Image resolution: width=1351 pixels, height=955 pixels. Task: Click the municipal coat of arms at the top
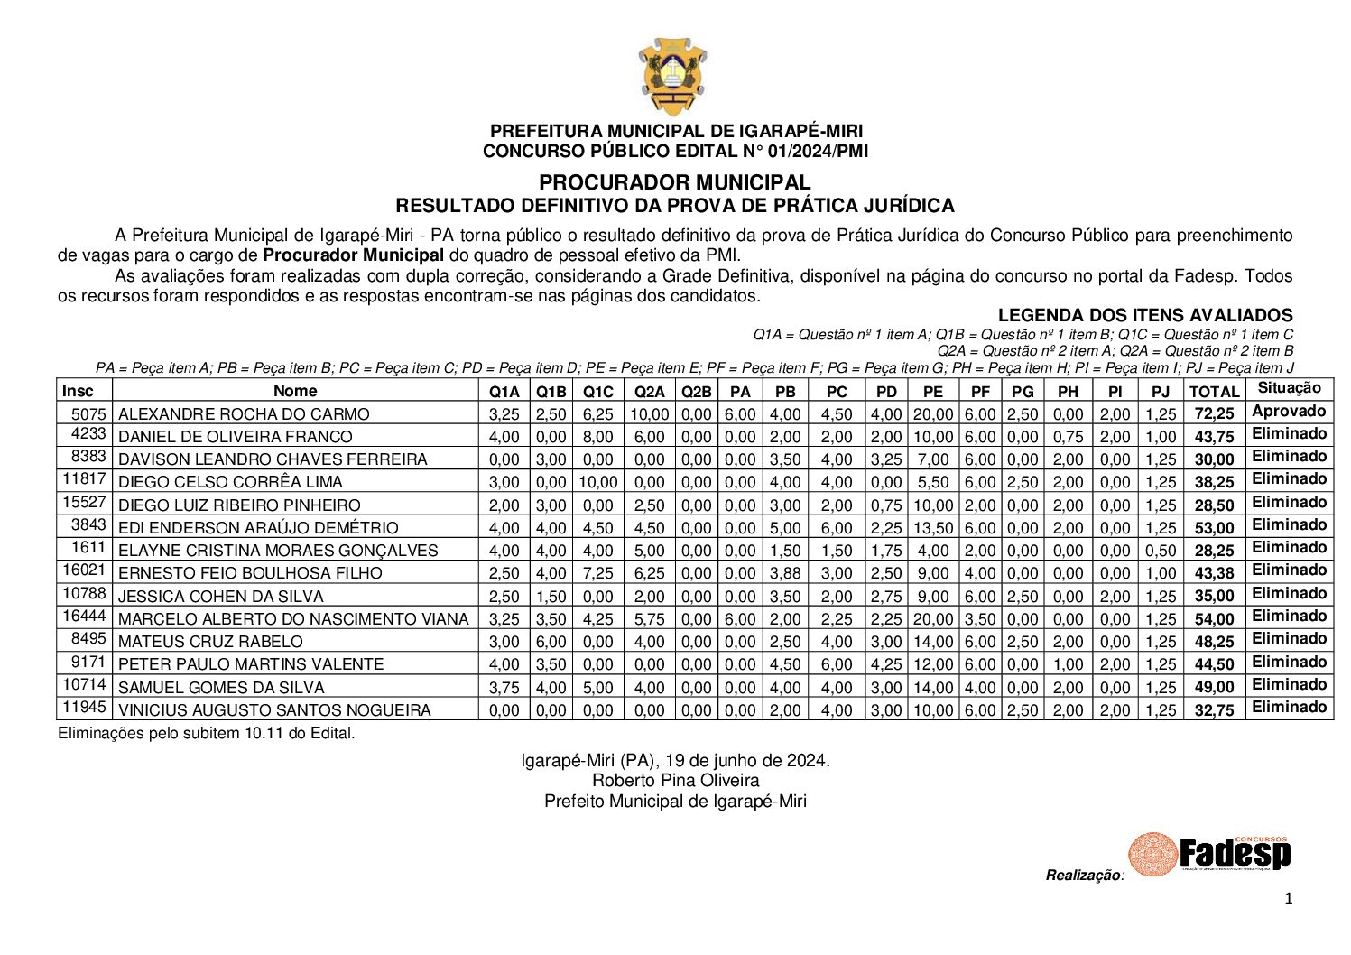(x=672, y=77)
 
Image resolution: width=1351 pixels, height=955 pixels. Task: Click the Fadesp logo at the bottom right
(x=1209, y=853)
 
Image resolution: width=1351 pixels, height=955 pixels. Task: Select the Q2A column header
(x=649, y=392)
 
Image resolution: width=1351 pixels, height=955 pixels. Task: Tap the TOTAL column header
(x=1214, y=392)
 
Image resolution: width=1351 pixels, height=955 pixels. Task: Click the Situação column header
(x=1289, y=388)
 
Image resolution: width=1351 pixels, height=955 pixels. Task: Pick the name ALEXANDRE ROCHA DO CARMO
(x=244, y=414)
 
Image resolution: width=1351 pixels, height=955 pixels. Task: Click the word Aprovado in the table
(x=1289, y=412)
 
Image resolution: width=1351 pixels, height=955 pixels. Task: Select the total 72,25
(x=1214, y=414)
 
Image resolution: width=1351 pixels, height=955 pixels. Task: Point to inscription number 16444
(x=85, y=617)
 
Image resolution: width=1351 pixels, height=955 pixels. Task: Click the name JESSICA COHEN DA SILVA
(x=221, y=597)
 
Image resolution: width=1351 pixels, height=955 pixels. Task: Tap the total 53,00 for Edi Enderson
(x=1214, y=528)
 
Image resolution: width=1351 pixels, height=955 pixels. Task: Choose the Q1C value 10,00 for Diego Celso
(x=597, y=483)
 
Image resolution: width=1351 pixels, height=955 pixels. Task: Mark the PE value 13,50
(x=932, y=528)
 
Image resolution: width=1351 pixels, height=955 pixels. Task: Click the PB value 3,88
(x=785, y=573)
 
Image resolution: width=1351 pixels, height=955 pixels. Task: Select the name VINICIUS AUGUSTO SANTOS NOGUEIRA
(x=274, y=710)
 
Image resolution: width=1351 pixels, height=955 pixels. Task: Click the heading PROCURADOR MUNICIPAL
(x=674, y=183)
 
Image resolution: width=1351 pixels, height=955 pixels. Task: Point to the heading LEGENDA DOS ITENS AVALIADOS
(x=1144, y=315)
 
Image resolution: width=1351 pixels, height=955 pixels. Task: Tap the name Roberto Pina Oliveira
(x=675, y=781)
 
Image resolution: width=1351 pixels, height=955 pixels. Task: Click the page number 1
(x=1288, y=898)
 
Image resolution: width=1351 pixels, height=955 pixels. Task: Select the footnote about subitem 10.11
(x=207, y=733)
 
